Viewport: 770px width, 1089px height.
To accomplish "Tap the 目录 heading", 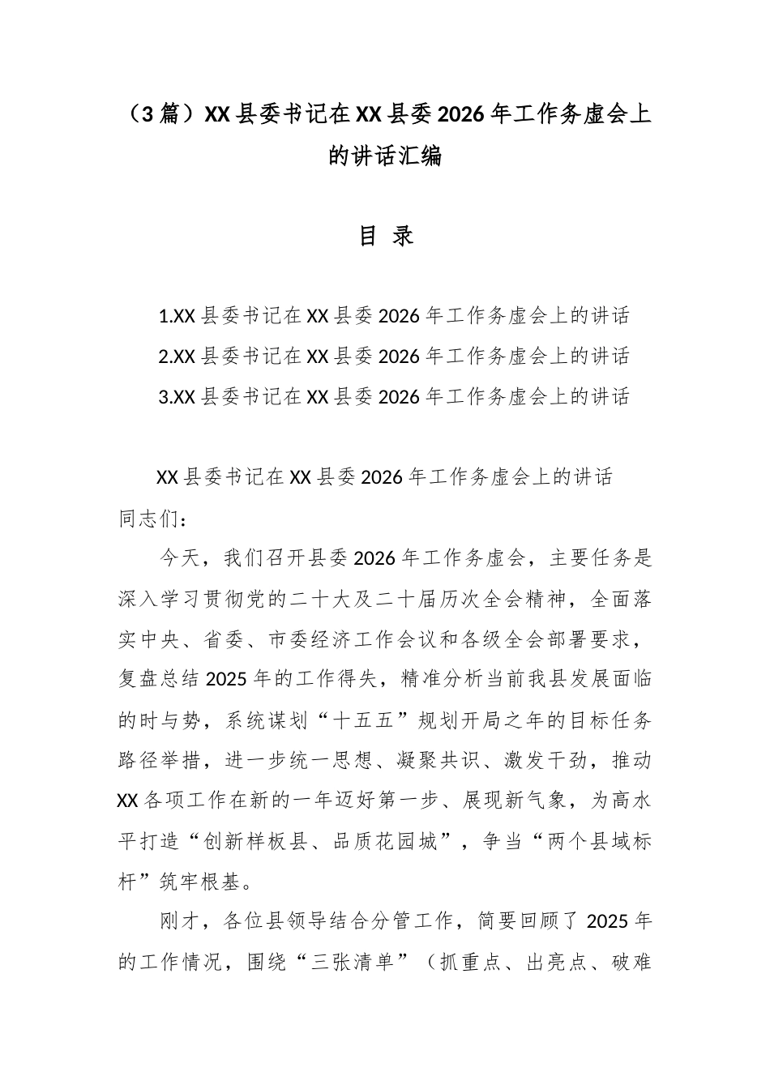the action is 386,236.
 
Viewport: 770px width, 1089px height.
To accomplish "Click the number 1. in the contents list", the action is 167,316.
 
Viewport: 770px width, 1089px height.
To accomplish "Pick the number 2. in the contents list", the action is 167,357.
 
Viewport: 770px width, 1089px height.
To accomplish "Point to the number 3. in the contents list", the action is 167,397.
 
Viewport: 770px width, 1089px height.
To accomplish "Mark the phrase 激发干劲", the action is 541,762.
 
